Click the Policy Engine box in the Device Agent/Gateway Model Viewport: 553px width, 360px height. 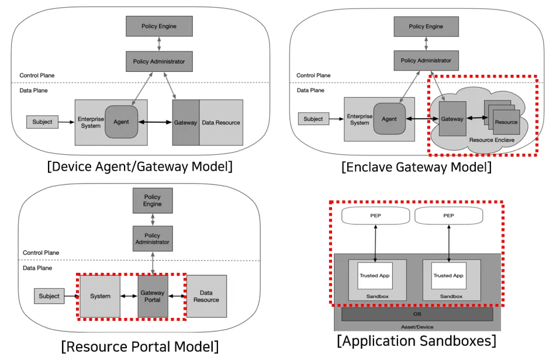pyautogui.click(x=159, y=26)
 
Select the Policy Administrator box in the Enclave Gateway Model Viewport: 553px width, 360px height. pyautogui.click(x=426, y=60)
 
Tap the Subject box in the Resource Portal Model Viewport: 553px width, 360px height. pyautogui.click(x=49, y=296)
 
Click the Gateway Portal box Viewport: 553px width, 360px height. pyautogui.click(x=153, y=296)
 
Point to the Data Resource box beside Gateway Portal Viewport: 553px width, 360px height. pyautogui.click(x=206, y=296)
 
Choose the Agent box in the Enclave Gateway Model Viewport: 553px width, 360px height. pyautogui.click(x=389, y=119)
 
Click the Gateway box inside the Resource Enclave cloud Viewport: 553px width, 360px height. pyautogui.click(x=452, y=119)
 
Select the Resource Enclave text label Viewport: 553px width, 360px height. pyautogui.click(x=492, y=140)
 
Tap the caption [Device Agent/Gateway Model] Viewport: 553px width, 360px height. pyautogui.click(x=140, y=167)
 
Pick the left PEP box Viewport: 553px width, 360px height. pyautogui.click(x=375, y=215)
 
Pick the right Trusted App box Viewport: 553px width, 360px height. pyautogui.click(x=448, y=275)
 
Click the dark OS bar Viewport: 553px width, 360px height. pyautogui.click(x=417, y=314)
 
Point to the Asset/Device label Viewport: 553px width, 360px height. pyautogui.click(x=417, y=327)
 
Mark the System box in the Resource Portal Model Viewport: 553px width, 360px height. pyautogui.click(x=100, y=296)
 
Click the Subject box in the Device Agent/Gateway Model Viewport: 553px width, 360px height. pyautogui.click(x=42, y=122)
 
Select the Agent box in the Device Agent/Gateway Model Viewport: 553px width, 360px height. pyautogui.click(x=122, y=122)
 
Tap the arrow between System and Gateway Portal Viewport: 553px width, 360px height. pyautogui.click(x=129, y=296)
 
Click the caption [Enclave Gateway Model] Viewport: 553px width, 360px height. pyautogui.click(x=416, y=168)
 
